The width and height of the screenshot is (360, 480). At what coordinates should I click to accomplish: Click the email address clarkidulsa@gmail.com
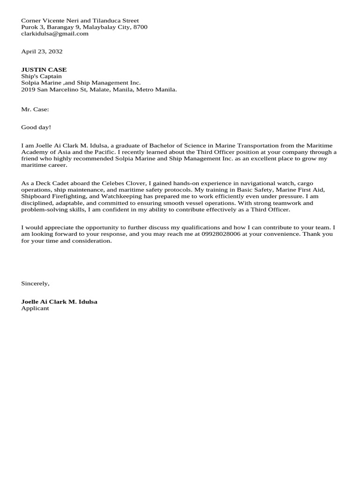coord(55,34)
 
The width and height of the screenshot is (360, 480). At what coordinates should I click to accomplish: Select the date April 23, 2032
coord(42,52)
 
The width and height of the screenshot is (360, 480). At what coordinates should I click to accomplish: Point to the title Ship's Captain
coord(41,76)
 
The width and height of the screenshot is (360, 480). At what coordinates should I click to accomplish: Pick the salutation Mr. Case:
coord(35,109)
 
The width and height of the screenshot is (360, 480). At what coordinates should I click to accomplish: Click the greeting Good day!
coord(36,127)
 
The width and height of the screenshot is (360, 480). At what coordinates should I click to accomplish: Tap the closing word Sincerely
coord(35,283)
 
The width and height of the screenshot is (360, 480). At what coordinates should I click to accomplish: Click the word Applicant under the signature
coord(35,308)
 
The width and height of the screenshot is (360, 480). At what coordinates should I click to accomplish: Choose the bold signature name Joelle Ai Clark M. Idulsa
coord(59,301)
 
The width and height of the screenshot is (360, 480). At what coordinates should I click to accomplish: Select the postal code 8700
coord(141,27)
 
